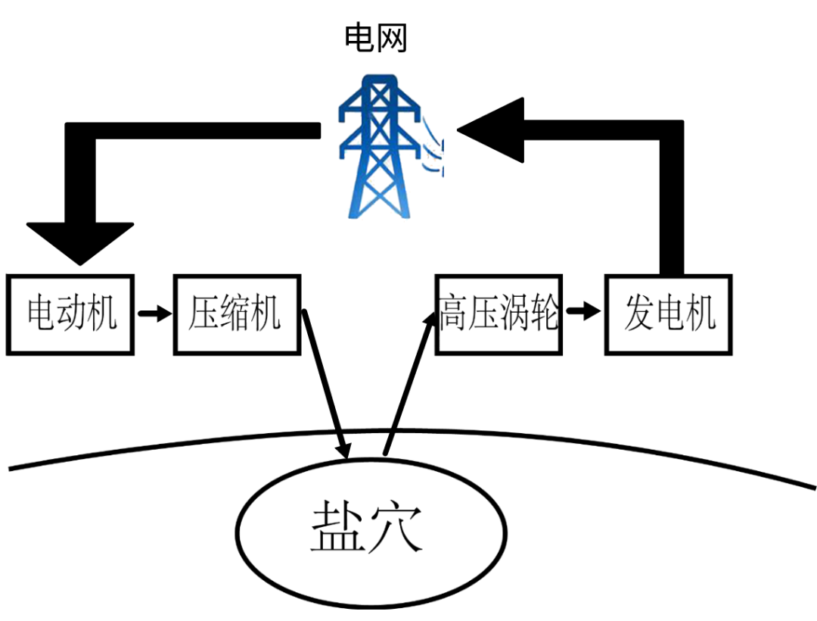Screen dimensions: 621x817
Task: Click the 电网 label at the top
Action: tap(376, 38)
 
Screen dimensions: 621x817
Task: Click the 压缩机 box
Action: tap(236, 314)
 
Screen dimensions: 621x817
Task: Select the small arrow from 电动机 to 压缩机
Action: tap(154, 314)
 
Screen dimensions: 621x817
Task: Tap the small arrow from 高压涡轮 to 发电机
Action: tap(583, 311)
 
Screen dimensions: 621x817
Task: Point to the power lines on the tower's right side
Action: tap(433, 148)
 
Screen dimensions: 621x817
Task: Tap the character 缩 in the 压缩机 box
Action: tap(236, 314)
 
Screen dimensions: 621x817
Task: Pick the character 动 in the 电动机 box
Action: tap(72, 314)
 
